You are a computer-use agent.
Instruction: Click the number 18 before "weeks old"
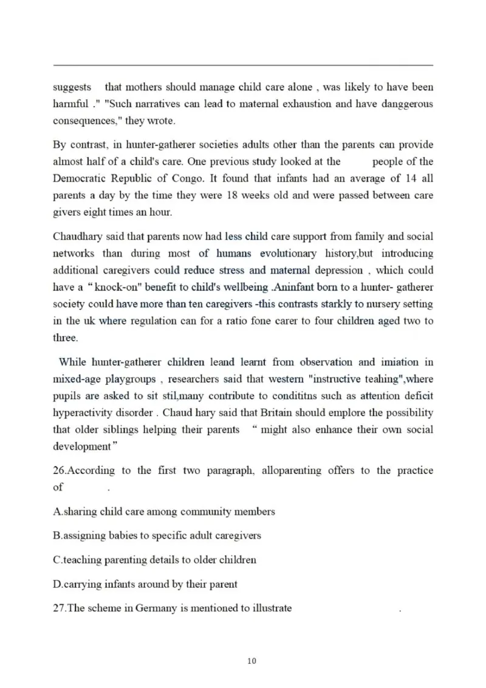tap(233, 196)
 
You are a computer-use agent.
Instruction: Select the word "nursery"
tap(375, 304)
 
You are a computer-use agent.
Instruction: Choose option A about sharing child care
tap(164, 512)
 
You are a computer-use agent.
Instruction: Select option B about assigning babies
tap(157, 535)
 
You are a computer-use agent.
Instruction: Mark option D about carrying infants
tap(145, 584)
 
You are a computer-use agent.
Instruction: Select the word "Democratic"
tap(80, 179)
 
